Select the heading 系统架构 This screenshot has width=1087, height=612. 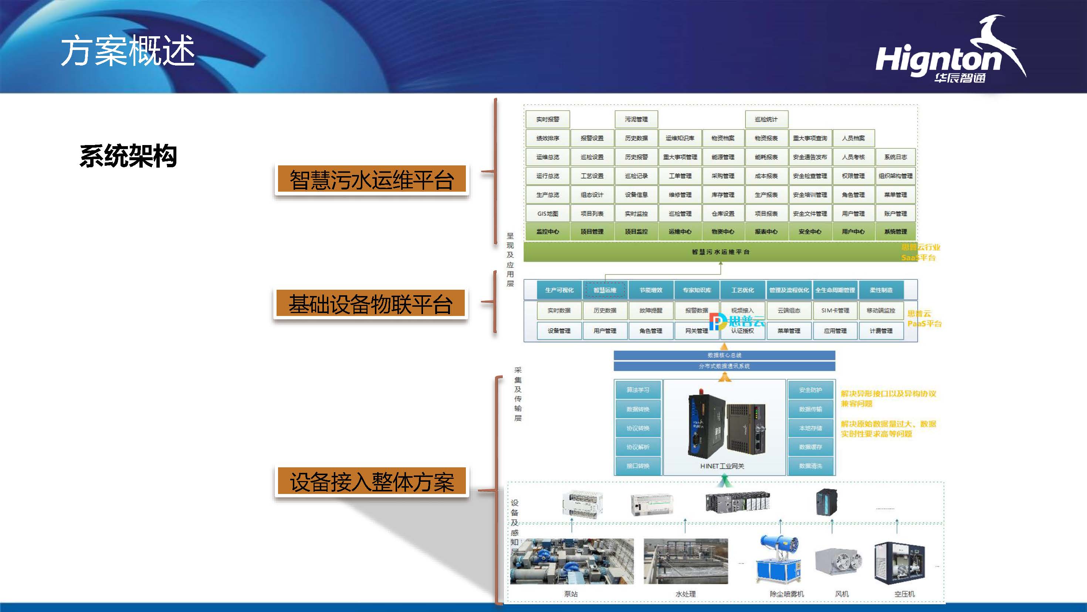click(x=128, y=156)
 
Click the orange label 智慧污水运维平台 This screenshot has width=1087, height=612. click(x=371, y=180)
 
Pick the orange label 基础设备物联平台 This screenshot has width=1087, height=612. click(x=370, y=304)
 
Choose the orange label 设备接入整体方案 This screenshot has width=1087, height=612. click(x=372, y=481)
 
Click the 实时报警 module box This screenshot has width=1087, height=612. click(x=547, y=120)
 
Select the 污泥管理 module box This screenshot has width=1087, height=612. click(x=636, y=120)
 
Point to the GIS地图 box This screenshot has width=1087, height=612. click(x=547, y=214)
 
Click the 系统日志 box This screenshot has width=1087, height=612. click(x=895, y=157)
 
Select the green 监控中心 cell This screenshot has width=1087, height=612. click(x=547, y=232)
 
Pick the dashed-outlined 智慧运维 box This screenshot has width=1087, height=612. click(x=605, y=290)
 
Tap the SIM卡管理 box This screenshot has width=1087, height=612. click(x=835, y=310)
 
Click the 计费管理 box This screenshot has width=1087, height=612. click(x=881, y=331)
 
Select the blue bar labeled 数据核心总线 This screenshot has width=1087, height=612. click(x=724, y=355)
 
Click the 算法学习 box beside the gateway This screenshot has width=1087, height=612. click(x=638, y=390)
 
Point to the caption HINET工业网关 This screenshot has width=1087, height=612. click(x=722, y=466)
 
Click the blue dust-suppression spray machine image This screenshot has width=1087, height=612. click(x=779, y=559)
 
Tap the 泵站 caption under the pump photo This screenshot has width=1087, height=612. click(x=570, y=594)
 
